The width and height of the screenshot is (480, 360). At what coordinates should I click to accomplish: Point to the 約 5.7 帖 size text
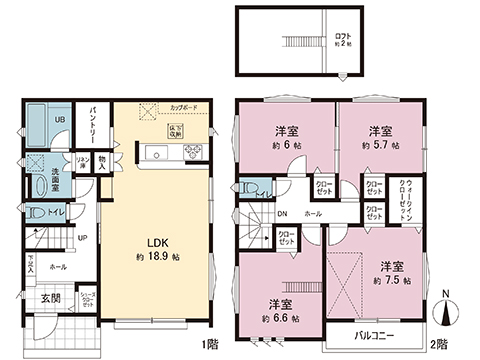pos(378,145)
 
